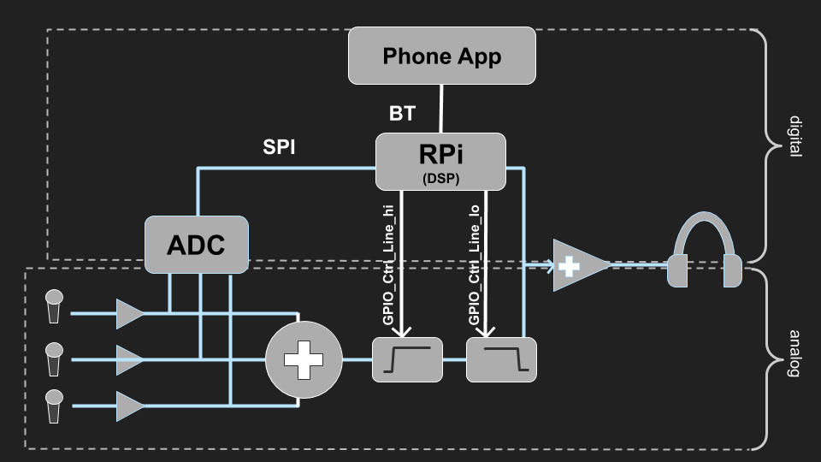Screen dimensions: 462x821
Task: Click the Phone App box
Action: pyautogui.click(x=441, y=56)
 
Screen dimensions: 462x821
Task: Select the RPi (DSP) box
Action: pyautogui.click(x=441, y=161)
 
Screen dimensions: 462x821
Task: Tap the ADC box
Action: pyautogui.click(x=196, y=245)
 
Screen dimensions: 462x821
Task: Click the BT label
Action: pyautogui.click(x=402, y=112)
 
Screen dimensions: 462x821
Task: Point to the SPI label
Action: pyautogui.click(x=279, y=146)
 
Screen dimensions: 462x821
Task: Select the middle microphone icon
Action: pyautogui.click(x=54, y=358)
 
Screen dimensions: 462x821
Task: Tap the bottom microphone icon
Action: pyautogui.click(x=54, y=406)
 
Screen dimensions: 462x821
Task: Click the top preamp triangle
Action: pyautogui.click(x=129, y=314)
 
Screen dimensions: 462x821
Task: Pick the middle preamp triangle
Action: pyautogui.click(x=129, y=360)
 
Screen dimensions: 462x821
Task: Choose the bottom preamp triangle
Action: pyautogui.click(x=129, y=406)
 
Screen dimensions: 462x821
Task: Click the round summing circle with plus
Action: pyautogui.click(x=304, y=359)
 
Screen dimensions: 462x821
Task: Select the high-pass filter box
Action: pyautogui.click(x=407, y=359)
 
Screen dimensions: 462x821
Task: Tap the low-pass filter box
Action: pyautogui.click(x=501, y=359)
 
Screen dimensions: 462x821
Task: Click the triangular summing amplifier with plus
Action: pyautogui.click(x=576, y=266)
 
